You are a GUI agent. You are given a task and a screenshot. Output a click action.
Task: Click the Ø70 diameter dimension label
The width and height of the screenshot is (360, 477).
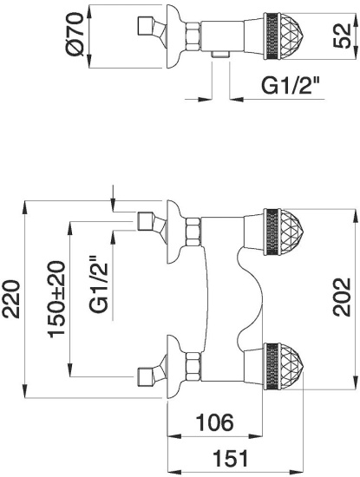coord(75,34)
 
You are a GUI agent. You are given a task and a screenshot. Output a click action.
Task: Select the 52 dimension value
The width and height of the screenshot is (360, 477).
coord(342,36)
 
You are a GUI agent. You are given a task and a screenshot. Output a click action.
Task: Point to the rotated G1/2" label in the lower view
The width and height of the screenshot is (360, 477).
coord(98,284)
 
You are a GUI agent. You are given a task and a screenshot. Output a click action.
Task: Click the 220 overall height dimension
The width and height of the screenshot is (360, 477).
coord(11,300)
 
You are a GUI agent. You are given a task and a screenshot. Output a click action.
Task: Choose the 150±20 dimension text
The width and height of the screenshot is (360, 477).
coord(56,298)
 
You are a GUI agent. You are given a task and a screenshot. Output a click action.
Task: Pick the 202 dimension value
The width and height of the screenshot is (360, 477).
coord(342,297)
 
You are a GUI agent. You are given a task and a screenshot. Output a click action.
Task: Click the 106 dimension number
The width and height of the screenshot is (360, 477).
coord(215,422)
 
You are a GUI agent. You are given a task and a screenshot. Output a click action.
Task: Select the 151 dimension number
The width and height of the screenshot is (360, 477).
coord(231,459)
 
